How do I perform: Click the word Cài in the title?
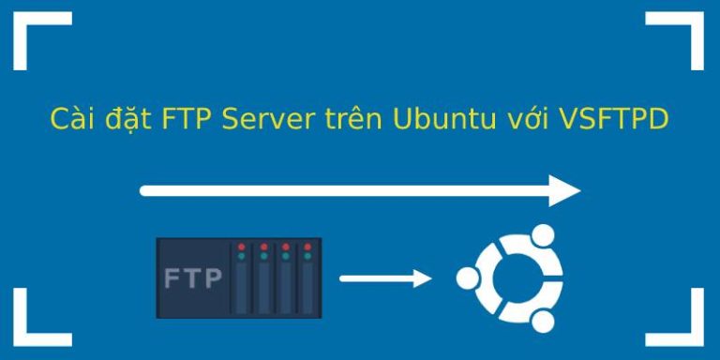pyautogui.click(x=68, y=120)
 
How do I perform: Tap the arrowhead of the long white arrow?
pyautogui.click(x=564, y=190)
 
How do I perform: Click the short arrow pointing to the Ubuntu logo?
pyautogui.click(x=384, y=278)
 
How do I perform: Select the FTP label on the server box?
pyautogui.click(x=193, y=278)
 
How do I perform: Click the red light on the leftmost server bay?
pyautogui.click(x=242, y=247)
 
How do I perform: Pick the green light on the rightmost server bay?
pyautogui.click(x=307, y=255)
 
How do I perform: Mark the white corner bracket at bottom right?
pyautogui.click(x=682, y=323)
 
